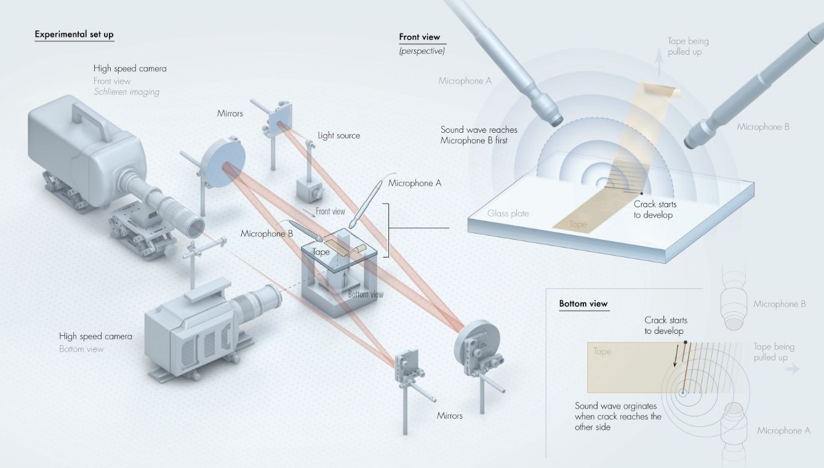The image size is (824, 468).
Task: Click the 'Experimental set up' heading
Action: [74, 34]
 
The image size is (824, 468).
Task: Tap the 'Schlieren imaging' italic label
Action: [126, 92]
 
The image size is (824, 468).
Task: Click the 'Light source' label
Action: [338, 135]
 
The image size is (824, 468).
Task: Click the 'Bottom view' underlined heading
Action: [583, 304]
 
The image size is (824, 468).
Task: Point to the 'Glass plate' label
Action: [508, 213]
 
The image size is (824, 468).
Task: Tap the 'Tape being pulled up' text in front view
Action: [688, 46]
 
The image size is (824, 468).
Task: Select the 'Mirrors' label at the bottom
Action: [449, 416]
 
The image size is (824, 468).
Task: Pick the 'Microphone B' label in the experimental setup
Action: [267, 233]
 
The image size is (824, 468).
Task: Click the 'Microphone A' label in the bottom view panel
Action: [783, 430]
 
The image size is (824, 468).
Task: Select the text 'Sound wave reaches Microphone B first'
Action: [479, 135]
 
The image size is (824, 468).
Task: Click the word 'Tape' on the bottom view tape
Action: [602, 352]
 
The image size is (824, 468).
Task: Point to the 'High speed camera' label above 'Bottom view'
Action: [95, 336]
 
